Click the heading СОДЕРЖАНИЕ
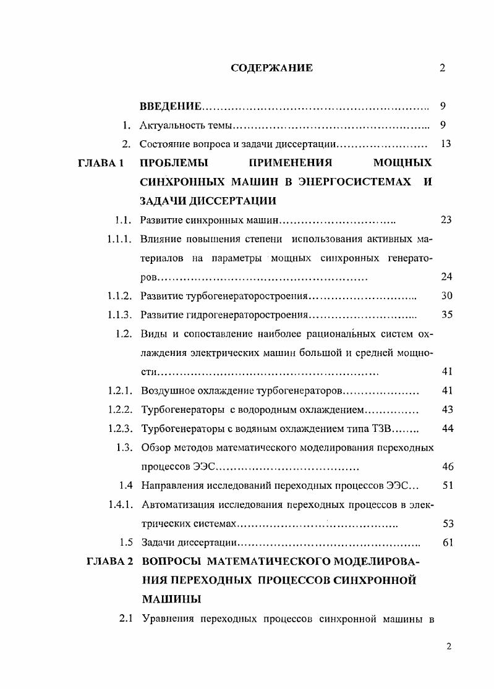click(271, 68)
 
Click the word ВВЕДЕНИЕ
click(171, 106)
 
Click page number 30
click(448, 296)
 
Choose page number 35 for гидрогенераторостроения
click(448, 315)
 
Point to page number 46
click(448, 467)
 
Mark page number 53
click(448, 524)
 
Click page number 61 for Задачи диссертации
click(448, 543)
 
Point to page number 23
click(448, 219)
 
